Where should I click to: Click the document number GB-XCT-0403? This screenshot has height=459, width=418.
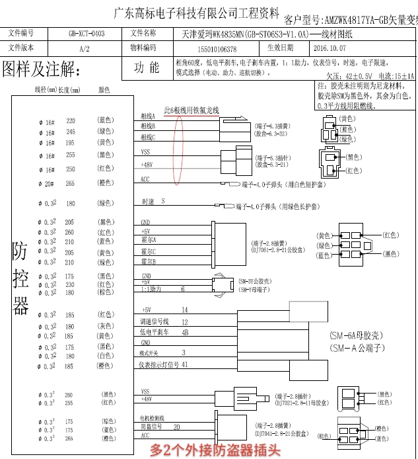(x=86, y=32)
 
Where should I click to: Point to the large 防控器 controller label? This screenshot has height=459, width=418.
(x=21, y=278)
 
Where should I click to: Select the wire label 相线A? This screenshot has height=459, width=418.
(x=148, y=116)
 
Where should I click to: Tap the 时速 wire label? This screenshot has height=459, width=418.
(x=149, y=201)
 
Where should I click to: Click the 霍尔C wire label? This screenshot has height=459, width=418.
(x=149, y=251)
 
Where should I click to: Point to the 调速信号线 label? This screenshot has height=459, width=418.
(x=155, y=321)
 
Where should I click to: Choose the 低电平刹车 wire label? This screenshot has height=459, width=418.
(x=155, y=332)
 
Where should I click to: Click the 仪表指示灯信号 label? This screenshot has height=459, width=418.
(x=158, y=364)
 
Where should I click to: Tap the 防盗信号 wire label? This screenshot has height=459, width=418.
(x=151, y=427)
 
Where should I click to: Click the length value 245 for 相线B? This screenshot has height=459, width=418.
(x=70, y=132)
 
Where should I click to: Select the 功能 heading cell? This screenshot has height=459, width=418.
(x=146, y=68)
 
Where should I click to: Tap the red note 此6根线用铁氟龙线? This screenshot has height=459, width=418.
(x=191, y=110)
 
